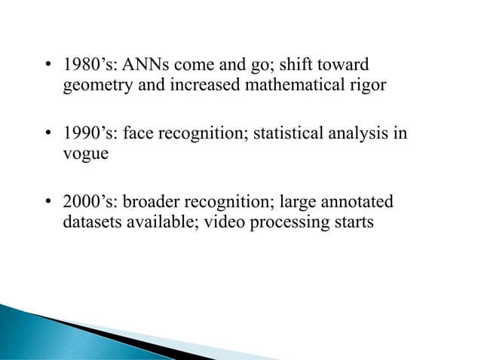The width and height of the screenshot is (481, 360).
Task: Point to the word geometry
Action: point(93,85)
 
